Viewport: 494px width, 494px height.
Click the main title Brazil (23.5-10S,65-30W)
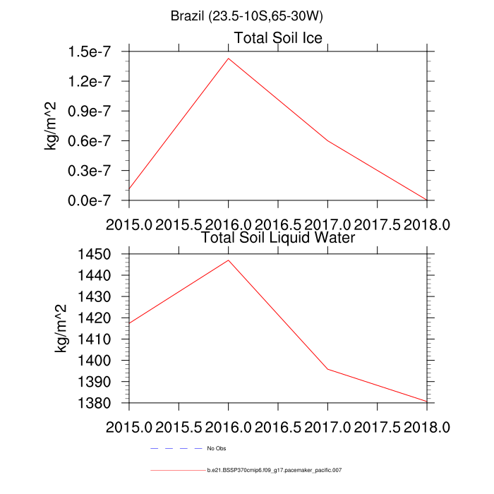[x=247, y=16]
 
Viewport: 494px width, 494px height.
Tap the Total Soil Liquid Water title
[x=277, y=238]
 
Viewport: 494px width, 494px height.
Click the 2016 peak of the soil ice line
[x=228, y=59]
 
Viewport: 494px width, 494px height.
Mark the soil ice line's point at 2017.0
[x=327, y=140]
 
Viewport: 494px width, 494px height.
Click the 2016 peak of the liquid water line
[x=228, y=260]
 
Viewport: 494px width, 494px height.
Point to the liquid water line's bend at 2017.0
[x=327, y=369]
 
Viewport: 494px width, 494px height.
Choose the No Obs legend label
[x=217, y=448]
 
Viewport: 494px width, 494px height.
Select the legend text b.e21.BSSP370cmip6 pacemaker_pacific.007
[x=275, y=469]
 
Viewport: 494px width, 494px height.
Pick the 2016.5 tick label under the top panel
[x=278, y=224]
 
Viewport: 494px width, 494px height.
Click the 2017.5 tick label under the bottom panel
[x=378, y=427]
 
